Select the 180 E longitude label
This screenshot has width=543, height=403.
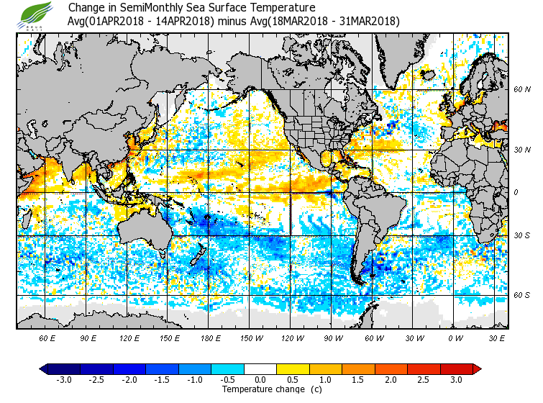pyautogui.click(x=211, y=338)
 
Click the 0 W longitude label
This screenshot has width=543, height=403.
pyautogui.click(x=455, y=338)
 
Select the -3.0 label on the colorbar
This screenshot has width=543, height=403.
pyautogui.click(x=64, y=380)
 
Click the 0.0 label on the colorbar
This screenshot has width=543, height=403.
pyautogui.click(x=261, y=380)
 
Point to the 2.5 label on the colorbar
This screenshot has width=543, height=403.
pyautogui.click(x=424, y=380)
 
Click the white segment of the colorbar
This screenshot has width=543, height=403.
pyautogui.click(x=261, y=369)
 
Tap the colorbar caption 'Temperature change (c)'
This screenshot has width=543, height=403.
pyautogui.click(x=261, y=389)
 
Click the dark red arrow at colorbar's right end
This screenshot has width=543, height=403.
pyautogui.click(x=477, y=369)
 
